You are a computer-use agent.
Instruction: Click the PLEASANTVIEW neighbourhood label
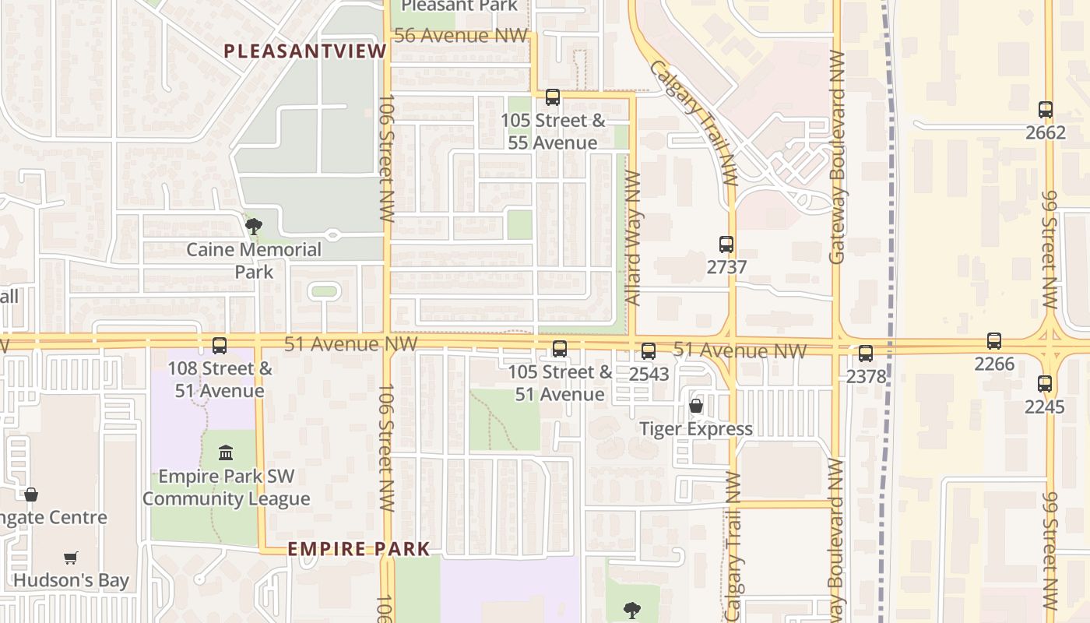[x=304, y=51]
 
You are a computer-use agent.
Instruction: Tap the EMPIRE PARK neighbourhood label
[x=358, y=549]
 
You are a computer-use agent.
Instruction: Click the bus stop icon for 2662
[x=1045, y=110]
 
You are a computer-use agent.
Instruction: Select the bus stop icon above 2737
[x=726, y=245]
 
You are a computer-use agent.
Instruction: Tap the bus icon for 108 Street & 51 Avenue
[x=220, y=345]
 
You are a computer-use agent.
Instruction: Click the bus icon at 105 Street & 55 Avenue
[x=552, y=97]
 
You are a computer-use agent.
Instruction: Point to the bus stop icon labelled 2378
[x=865, y=354]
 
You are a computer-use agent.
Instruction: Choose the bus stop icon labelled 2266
[x=993, y=340]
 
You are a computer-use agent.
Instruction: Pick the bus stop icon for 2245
[x=1044, y=383]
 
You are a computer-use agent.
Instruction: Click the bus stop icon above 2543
[x=648, y=351]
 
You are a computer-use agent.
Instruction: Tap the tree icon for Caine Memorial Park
[x=253, y=227]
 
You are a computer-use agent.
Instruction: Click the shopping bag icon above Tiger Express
[x=695, y=406]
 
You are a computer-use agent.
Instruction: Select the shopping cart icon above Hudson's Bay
[x=70, y=558]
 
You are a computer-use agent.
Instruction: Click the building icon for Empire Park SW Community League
[x=226, y=452]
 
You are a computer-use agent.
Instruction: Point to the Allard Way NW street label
[x=633, y=238]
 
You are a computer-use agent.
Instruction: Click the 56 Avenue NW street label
[x=462, y=36]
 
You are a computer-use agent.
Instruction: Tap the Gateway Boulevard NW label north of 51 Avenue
[x=837, y=156]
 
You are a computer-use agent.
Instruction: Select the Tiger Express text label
[x=695, y=429]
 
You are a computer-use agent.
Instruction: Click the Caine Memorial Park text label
[x=253, y=260]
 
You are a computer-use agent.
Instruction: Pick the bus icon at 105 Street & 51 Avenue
[x=559, y=348]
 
